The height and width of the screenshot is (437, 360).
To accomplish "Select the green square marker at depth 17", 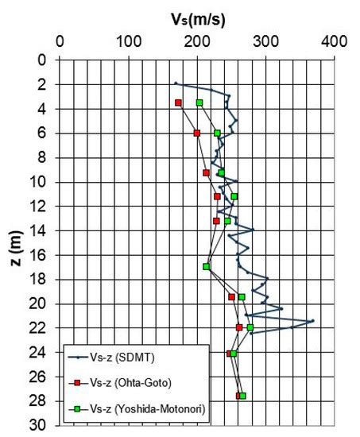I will click(x=207, y=267).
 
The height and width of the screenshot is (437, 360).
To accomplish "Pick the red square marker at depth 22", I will click(x=239, y=327).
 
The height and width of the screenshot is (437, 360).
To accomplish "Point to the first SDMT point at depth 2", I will click(x=176, y=83).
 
